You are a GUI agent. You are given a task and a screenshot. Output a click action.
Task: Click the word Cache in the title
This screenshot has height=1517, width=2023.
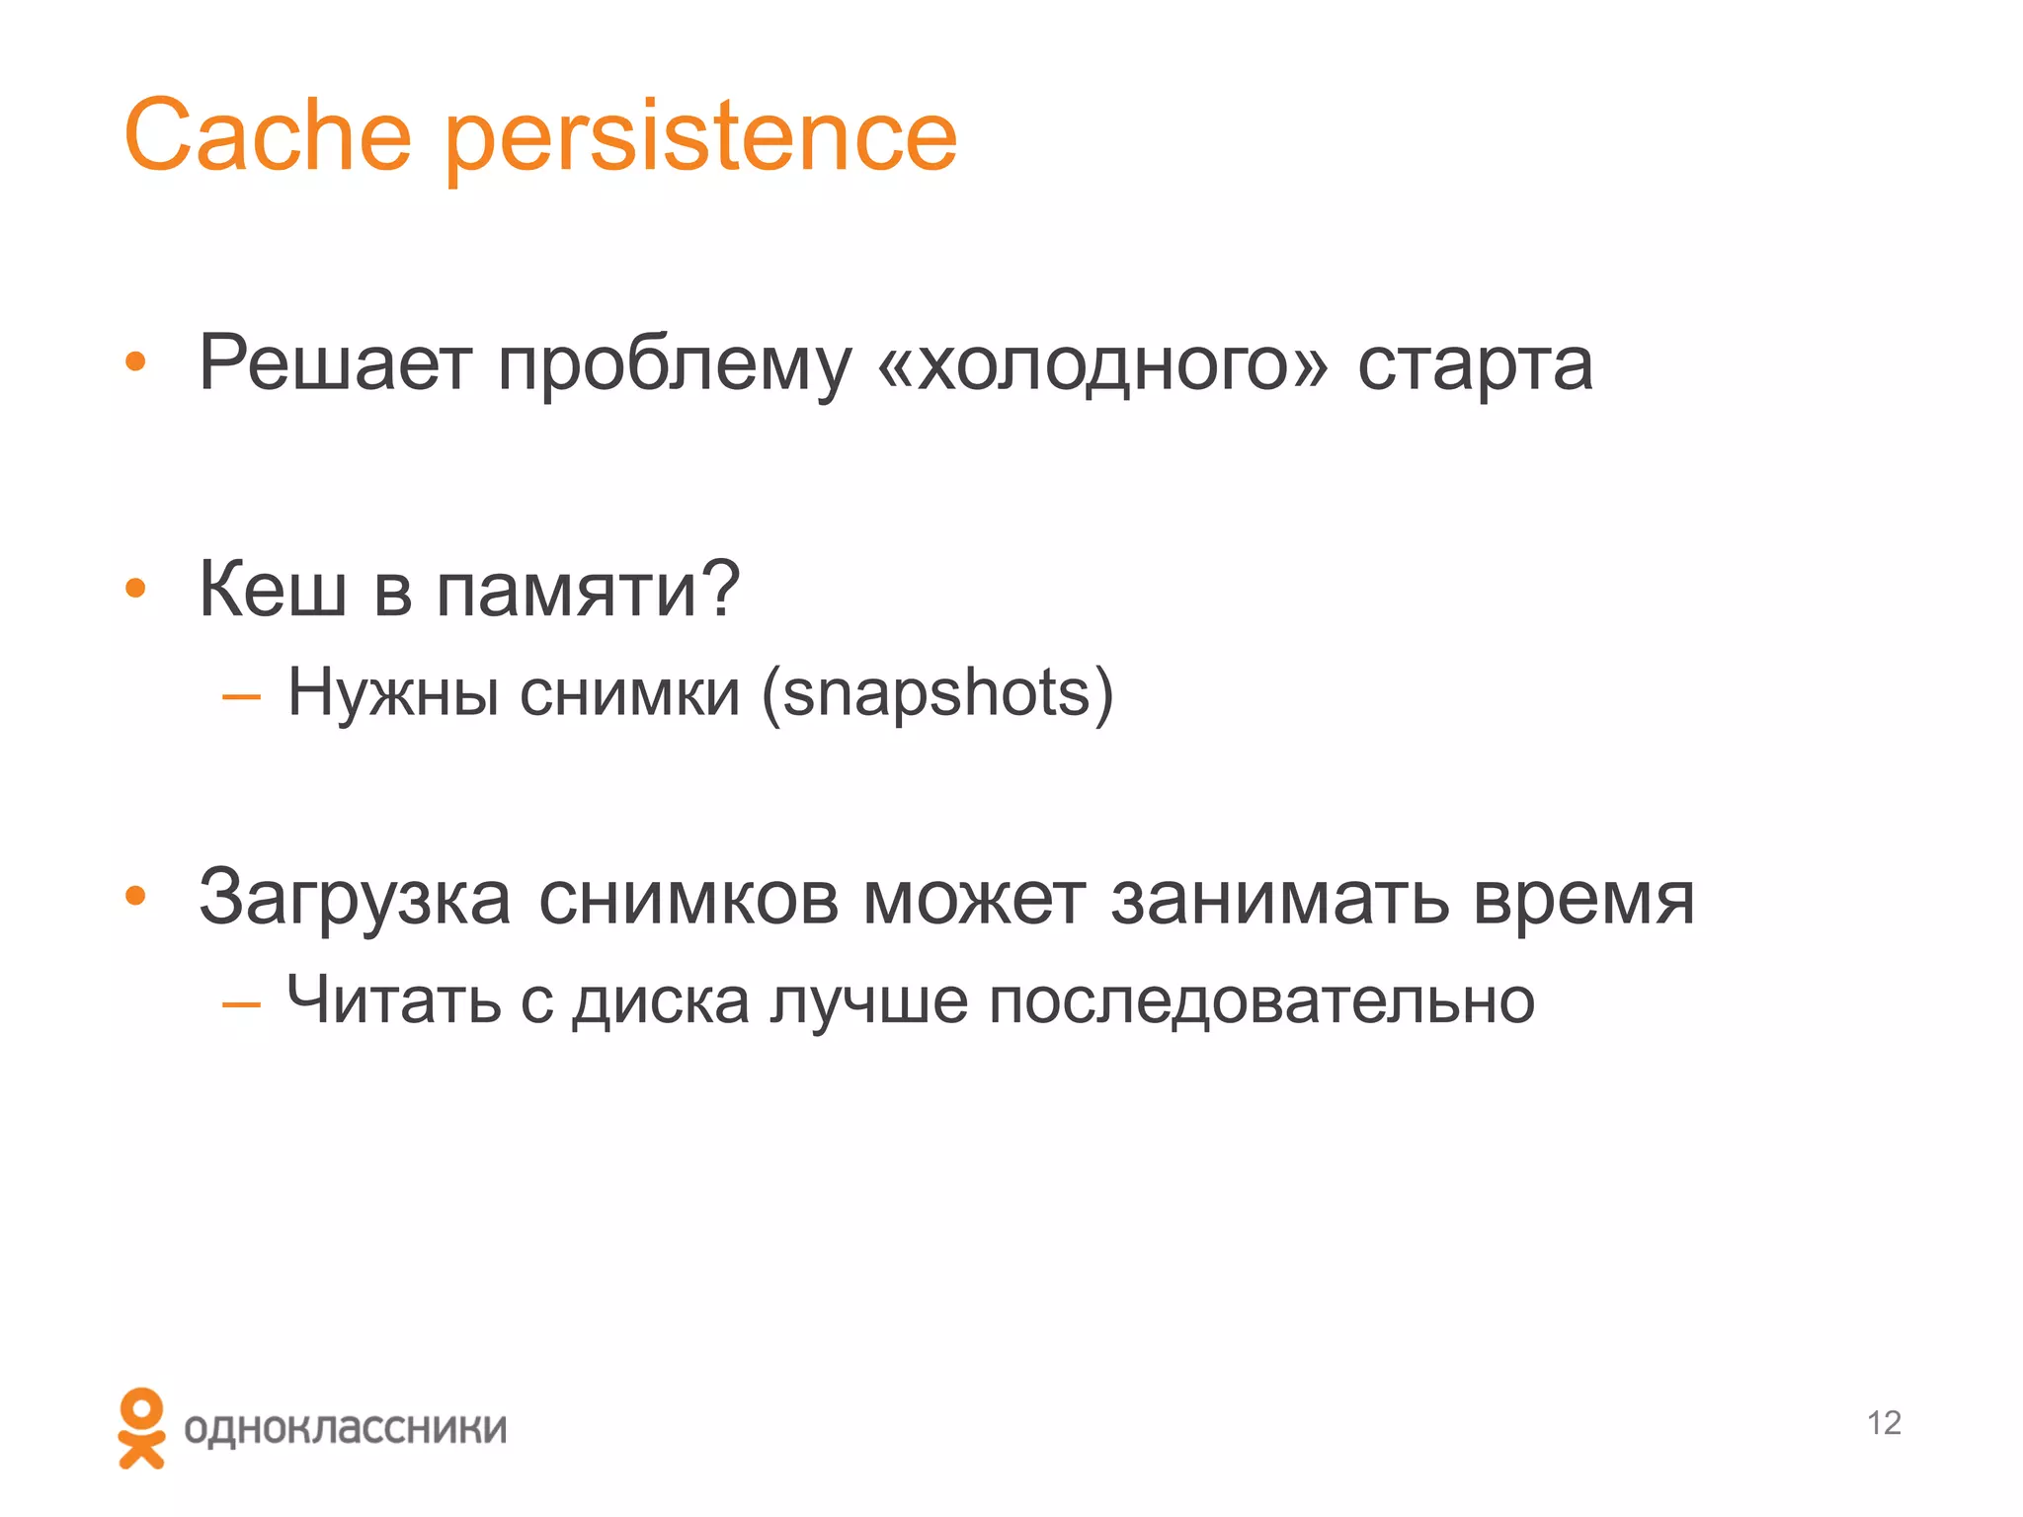[267, 135]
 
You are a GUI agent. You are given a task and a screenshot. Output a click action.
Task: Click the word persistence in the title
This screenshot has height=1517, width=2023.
[701, 138]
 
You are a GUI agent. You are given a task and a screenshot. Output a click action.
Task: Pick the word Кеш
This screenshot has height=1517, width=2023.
[273, 590]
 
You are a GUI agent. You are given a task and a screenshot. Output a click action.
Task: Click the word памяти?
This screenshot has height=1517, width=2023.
[589, 590]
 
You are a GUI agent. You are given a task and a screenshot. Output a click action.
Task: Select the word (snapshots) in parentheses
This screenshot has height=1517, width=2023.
[937, 694]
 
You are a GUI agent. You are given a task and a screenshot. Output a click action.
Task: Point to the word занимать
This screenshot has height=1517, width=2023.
[1279, 899]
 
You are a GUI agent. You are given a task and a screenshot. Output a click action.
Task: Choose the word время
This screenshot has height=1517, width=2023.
[1583, 901]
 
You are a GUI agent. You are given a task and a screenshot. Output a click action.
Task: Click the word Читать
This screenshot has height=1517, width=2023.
[393, 1000]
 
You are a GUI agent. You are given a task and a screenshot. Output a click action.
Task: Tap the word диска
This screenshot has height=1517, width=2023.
[661, 1002]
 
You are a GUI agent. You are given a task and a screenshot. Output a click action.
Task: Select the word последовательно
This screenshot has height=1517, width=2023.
[1261, 1002]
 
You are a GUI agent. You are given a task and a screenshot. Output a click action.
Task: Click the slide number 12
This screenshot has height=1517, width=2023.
[1884, 1423]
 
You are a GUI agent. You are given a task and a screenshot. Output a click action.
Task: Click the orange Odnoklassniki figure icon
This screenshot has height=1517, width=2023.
[142, 1427]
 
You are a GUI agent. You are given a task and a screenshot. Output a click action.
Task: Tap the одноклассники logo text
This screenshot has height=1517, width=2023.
[345, 1429]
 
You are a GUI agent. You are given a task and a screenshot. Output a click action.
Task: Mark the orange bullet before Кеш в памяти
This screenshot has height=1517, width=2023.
[135, 590]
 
